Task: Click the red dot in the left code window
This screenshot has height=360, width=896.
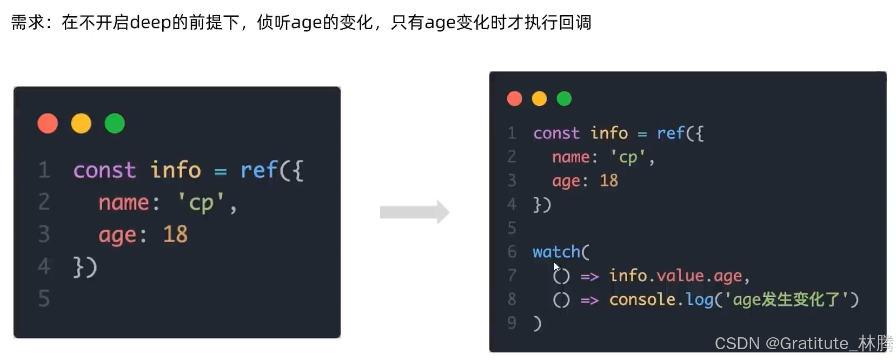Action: (48, 123)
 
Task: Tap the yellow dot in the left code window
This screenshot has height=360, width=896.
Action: (81, 123)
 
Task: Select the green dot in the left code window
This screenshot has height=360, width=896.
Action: (115, 123)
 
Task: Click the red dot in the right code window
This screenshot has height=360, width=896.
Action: (514, 98)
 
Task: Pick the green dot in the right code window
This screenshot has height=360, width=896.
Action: (564, 98)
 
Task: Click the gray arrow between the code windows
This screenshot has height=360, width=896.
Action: (414, 212)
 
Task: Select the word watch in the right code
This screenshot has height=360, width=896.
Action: (556, 252)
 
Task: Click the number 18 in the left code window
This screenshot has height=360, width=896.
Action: (175, 235)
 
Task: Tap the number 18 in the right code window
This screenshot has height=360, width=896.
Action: (608, 181)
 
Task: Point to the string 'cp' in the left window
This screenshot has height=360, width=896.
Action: (201, 203)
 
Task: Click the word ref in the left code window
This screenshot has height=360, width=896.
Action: (259, 170)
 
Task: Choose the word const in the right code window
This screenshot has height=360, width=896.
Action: (556, 133)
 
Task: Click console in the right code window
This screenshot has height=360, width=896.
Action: (642, 299)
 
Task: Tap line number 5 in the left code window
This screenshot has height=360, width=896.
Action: (44, 298)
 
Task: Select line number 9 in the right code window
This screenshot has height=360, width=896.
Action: (512, 323)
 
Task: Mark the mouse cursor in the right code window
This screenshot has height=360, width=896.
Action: (556, 267)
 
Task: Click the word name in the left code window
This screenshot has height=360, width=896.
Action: (123, 203)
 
